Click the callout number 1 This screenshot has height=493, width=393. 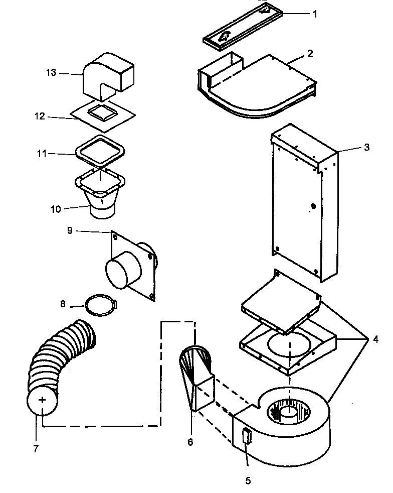pos(315,14)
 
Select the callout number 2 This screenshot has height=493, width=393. pos(310,53)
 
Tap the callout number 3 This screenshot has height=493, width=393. pos(367,147)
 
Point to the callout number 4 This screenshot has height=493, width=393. pos(375,339)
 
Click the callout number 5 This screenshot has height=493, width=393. pos(248,480)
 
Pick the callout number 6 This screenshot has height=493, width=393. pos(190,441)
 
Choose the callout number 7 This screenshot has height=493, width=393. pos(36,448)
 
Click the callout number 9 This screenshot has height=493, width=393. pos(70,230)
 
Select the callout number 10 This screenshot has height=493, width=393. pos(56,209)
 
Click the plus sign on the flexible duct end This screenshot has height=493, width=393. pos(43,400)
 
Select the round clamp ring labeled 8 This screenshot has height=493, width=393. pos(101,305)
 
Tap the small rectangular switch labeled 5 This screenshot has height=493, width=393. pos(246,437)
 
